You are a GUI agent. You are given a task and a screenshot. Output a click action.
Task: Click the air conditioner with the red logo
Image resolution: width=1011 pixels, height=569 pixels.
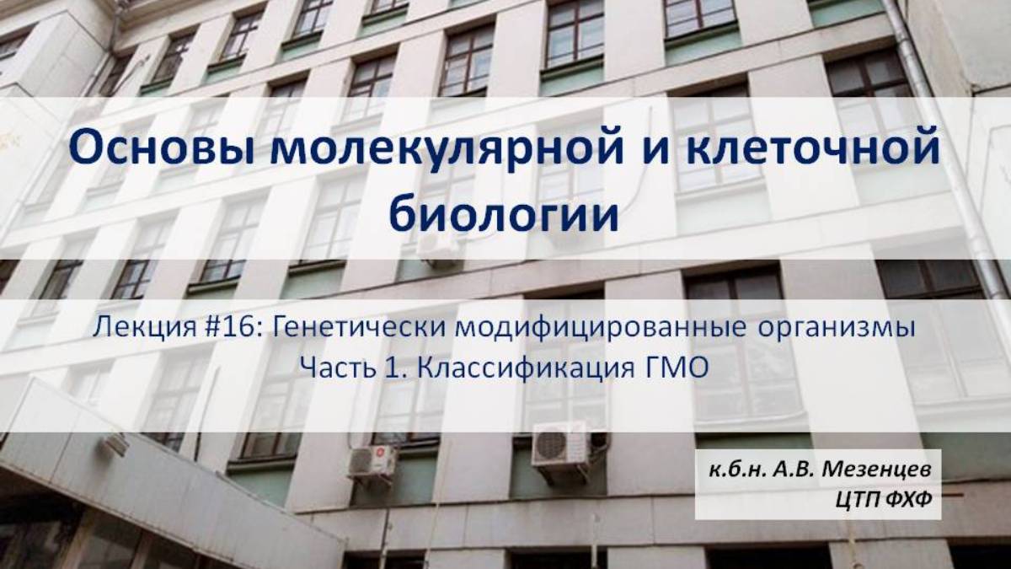click(372, 461)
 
